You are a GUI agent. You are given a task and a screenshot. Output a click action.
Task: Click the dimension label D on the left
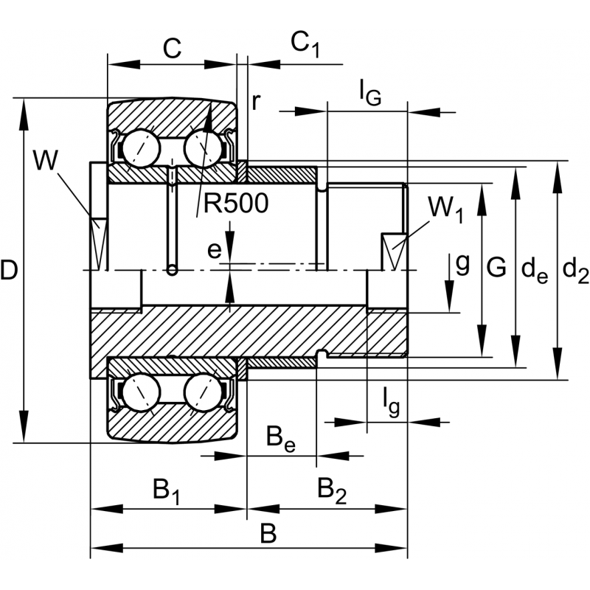click(10, 271)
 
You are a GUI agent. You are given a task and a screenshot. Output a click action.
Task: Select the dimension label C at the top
click(171, 49)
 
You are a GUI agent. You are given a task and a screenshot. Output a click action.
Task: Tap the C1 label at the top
click(305, 45)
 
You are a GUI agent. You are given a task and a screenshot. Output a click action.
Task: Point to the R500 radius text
click(236, 204)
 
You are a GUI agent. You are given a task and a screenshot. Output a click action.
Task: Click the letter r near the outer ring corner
click(255, 101)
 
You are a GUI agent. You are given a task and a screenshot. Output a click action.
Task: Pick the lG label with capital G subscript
click(369, 92)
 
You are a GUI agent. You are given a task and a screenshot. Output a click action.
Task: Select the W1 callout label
click(445, 209)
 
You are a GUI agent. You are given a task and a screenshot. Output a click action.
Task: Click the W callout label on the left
click(45, 162)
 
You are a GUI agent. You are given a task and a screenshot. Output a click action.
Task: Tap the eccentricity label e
click(213, 251)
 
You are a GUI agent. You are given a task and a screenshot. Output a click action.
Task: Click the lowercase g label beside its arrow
click(462, 263)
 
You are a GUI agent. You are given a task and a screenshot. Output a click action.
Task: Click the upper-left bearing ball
click(142, 150)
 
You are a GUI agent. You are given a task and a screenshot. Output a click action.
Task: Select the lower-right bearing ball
click(204, 392)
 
